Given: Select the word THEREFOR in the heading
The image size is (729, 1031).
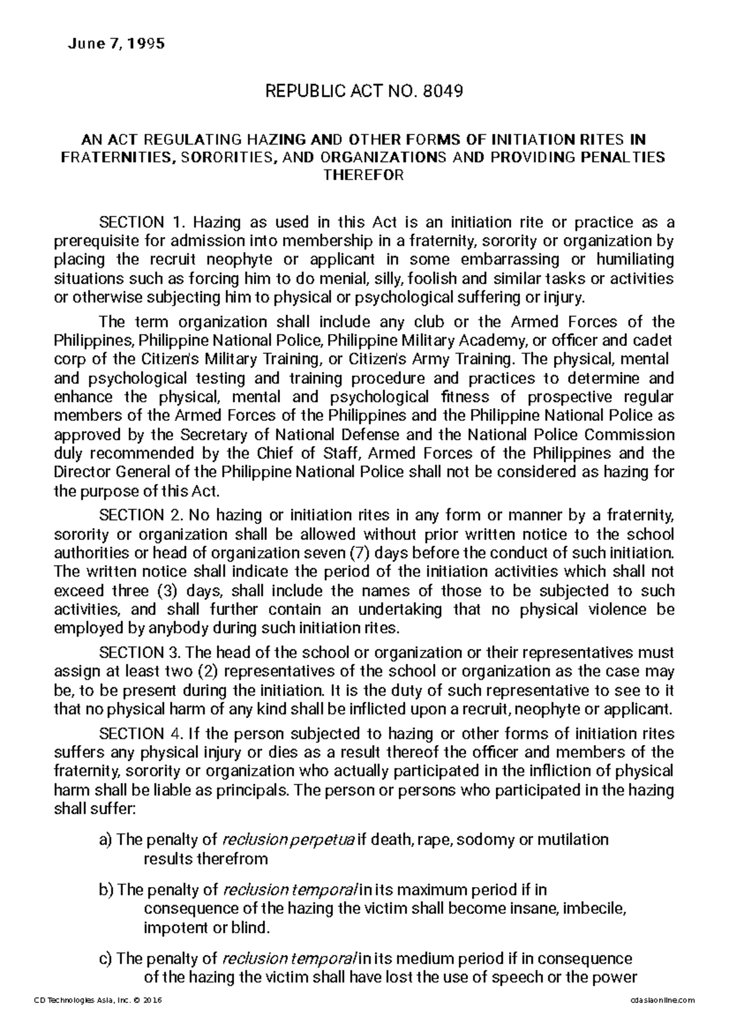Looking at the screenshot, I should pyautogui.click(x=364, y=176).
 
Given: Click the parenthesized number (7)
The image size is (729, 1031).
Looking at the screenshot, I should pyautogui.click(x=363, y=553).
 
